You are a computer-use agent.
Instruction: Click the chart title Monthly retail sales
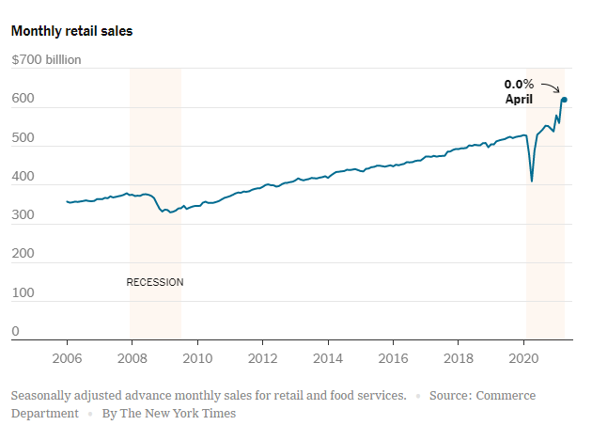point(71,31)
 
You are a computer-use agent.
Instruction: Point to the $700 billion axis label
point(46,60)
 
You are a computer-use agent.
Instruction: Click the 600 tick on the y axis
point(22,99)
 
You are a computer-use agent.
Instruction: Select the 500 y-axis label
point(22,138)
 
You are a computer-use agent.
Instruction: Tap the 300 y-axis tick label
point(22,215)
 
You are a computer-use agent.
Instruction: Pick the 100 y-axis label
point(22,293)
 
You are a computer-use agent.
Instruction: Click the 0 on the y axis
point(15,331)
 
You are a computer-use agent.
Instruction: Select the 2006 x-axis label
point(67,358)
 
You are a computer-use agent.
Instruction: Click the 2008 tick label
point(132,358)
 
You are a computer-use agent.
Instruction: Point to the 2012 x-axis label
point(262,358)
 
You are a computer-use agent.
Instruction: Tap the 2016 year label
point(393,358)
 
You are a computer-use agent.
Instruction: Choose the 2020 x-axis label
point(523,358)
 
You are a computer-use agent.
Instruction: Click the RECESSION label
point(155,282)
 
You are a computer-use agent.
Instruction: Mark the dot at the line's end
point(565,100)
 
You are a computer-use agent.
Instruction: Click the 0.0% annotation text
point(519,85)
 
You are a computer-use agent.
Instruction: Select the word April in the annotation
point(519,99)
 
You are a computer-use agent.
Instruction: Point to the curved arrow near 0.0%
point(552,87)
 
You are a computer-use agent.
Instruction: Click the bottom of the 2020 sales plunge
point(532,181)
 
